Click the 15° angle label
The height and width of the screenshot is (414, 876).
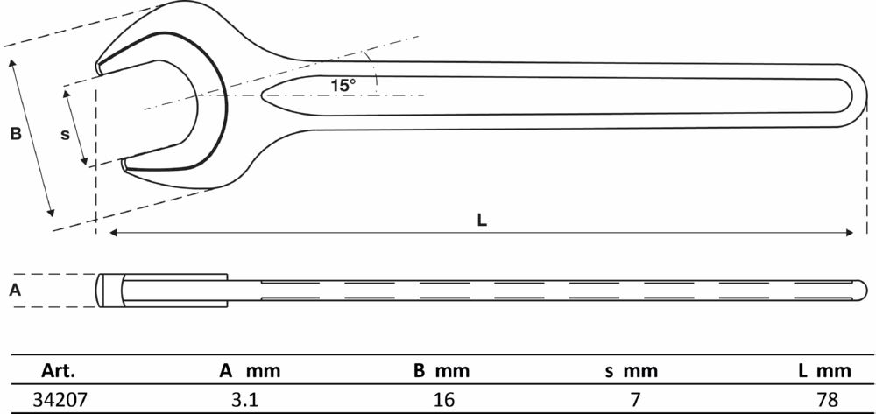(343, 86)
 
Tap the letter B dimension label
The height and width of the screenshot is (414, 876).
(15, 135)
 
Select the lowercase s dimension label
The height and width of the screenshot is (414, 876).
(64, 134)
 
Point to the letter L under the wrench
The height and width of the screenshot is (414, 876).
(482, 221)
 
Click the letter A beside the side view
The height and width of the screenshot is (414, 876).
(15, 291)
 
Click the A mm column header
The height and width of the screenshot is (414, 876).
(250, 369)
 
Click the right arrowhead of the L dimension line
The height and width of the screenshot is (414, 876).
(850, 233)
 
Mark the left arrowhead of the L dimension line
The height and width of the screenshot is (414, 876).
(113, 233)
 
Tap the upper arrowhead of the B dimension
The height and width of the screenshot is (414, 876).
(13, 64)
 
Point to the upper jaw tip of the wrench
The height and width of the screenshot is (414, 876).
(102, 67)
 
